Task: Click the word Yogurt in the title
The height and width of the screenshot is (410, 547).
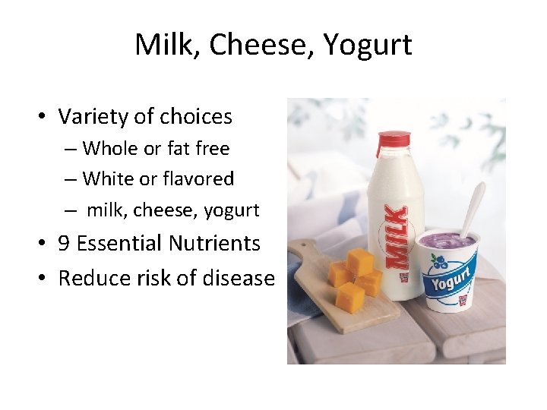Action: coord(367,45)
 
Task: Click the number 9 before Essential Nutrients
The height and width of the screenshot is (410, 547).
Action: coord(65,244)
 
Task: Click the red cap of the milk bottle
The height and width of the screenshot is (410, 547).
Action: coord(393,139)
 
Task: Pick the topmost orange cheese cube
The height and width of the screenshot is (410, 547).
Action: coord(359,261)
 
